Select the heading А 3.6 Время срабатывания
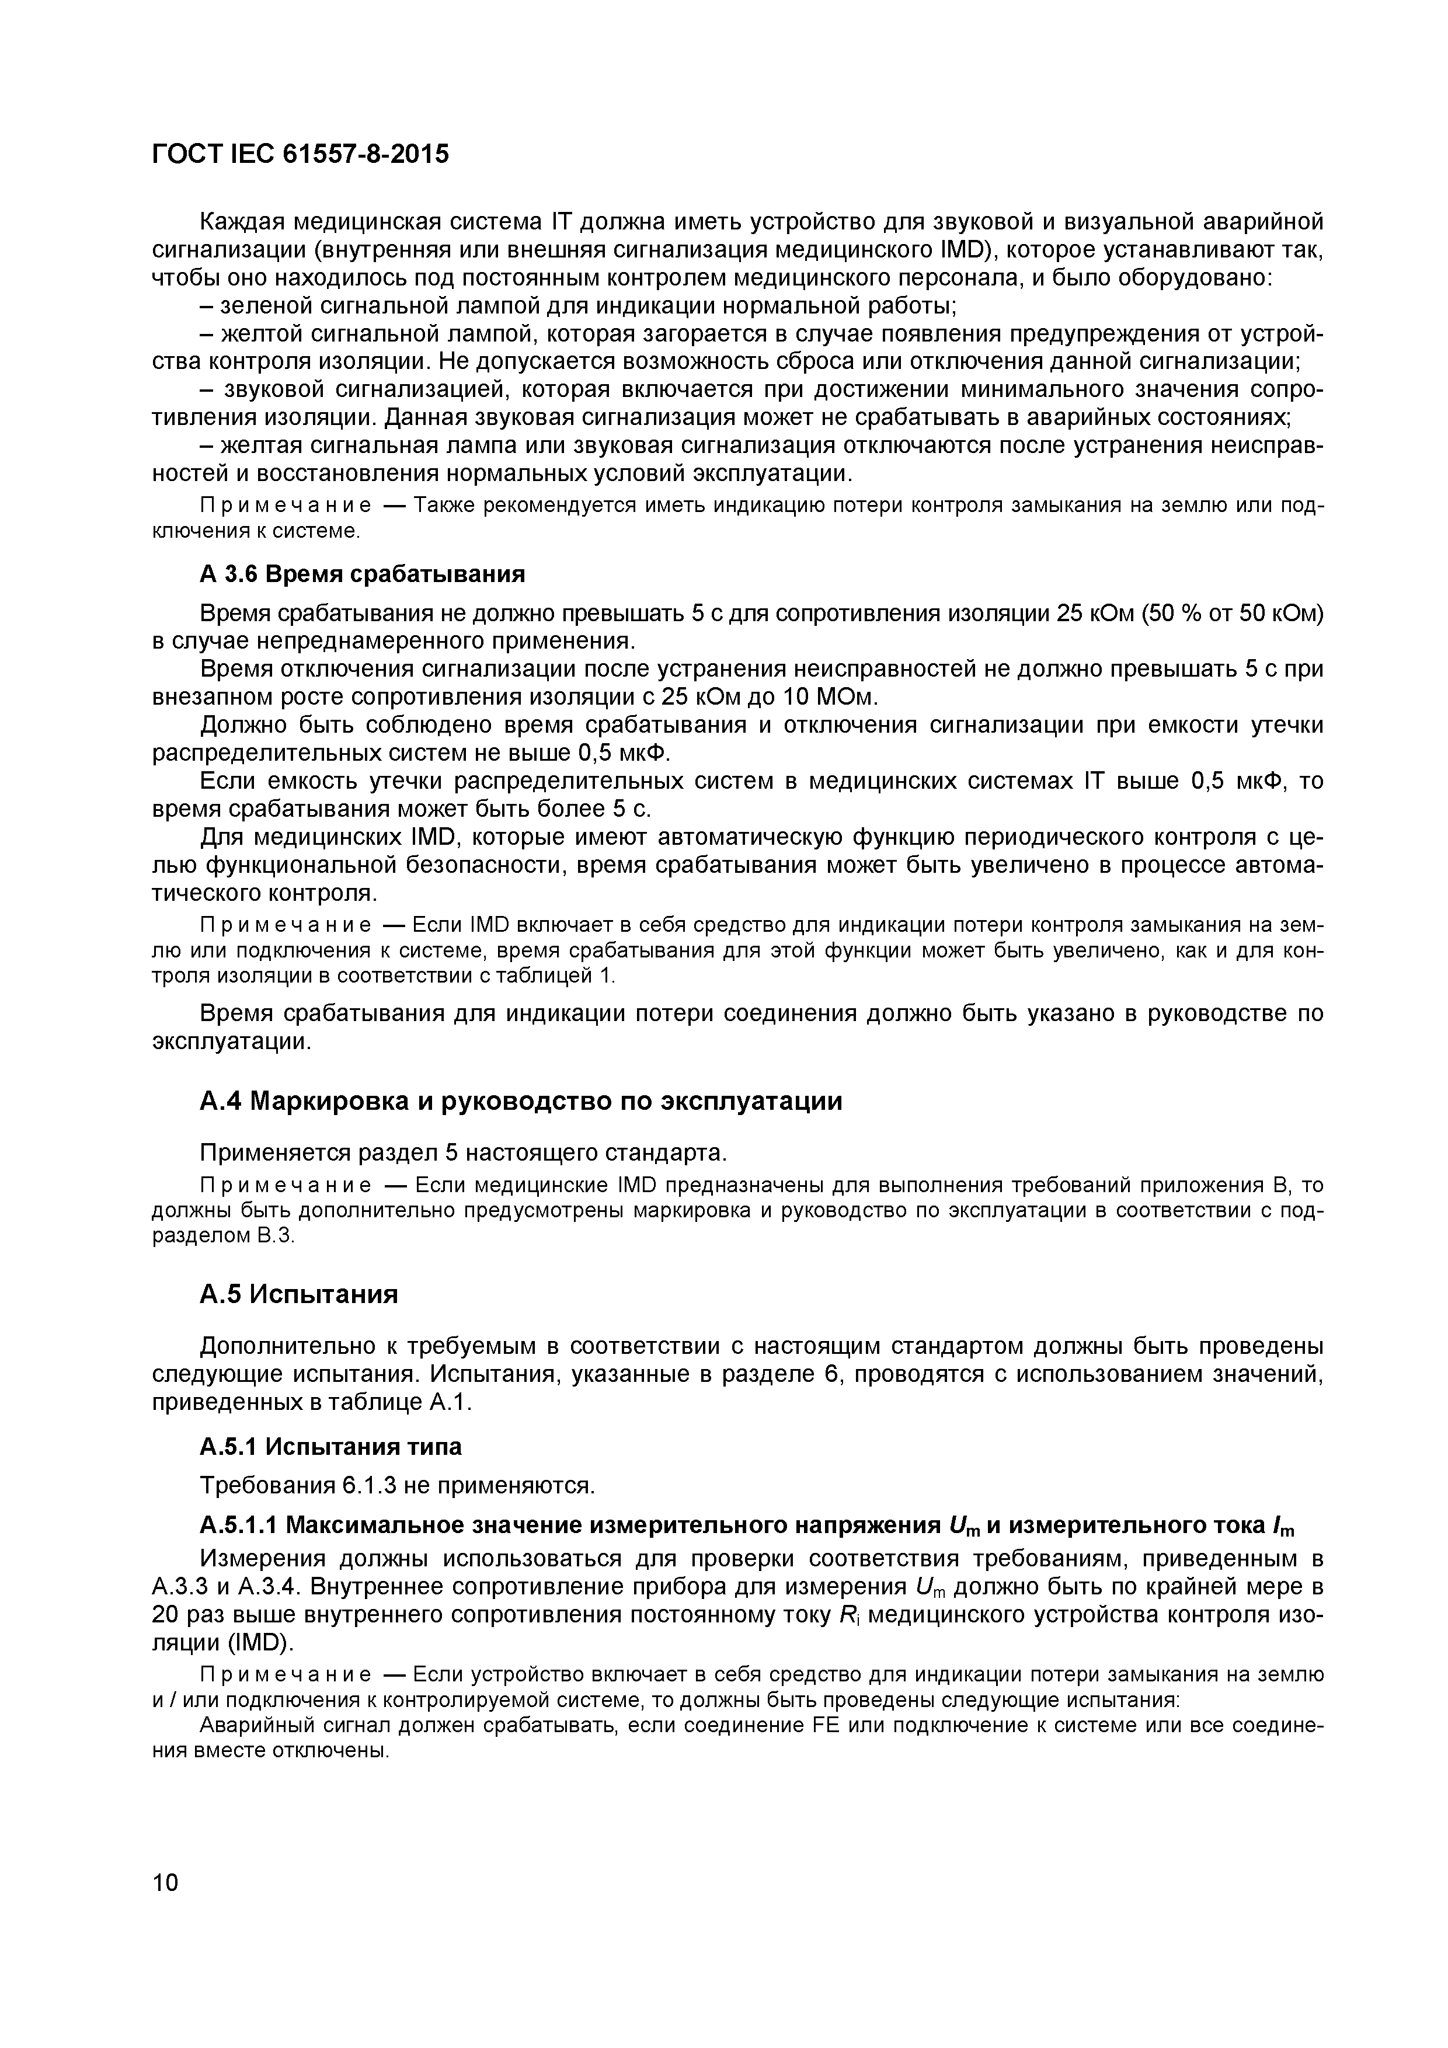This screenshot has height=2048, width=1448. pyautogui.click(x=361, y=573)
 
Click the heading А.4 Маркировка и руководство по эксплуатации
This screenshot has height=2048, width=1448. pyautogui.click(x=520, y=1102)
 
